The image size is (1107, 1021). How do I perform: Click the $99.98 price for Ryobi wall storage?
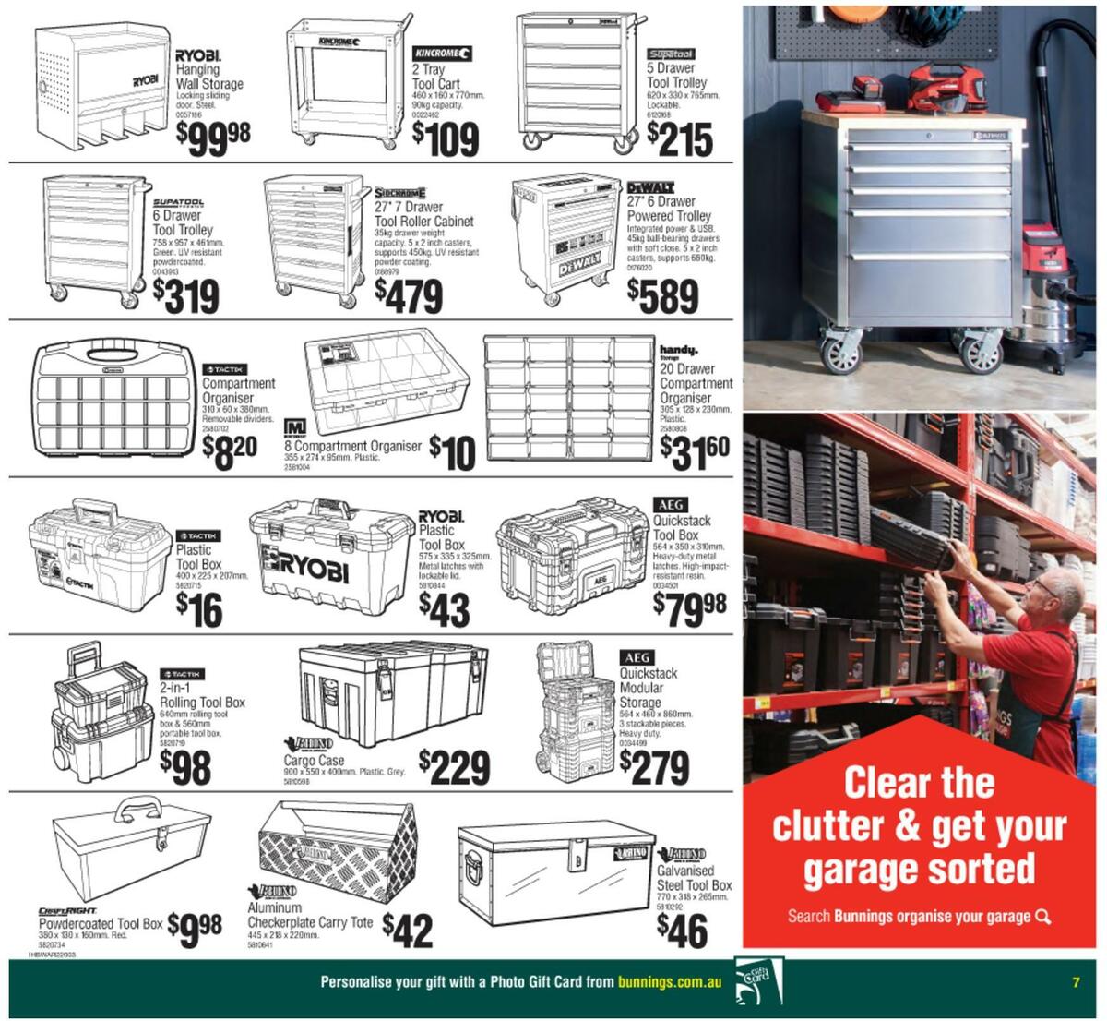pos(213,137)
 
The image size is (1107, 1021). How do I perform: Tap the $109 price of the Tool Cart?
pos(446,139)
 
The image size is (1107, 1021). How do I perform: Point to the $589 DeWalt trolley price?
pos(662,295)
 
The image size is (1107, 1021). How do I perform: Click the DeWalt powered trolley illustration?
pos(565,239)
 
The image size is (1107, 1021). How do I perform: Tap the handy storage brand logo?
pos(678,351)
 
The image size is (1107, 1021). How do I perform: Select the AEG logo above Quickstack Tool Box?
pos(669,505)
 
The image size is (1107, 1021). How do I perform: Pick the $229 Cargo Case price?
pos(454,766)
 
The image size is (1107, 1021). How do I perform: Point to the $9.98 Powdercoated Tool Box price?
pos(195,925)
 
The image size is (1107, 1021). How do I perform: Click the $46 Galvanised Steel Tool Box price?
pos(682,931)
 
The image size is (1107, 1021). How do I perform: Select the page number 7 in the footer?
pos(1076,982)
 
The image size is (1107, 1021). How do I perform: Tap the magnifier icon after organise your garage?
pos(1043,917)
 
